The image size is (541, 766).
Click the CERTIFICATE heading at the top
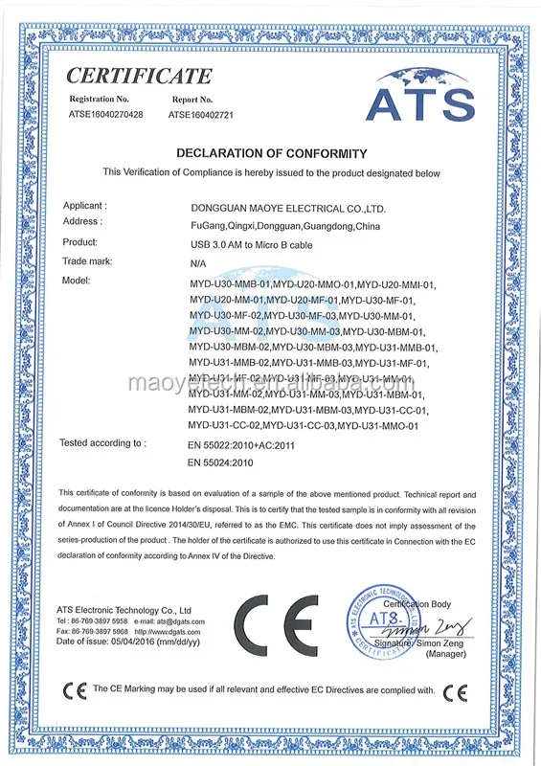(x=139, y=76)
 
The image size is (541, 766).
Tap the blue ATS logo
(x=420, y=96)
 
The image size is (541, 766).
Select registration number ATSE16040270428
(x=105, y=115)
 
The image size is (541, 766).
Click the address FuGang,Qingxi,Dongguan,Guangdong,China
(x=285, y=225)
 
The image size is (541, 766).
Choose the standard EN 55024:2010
(x=222, y=463)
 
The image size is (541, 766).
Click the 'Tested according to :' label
(x=102, y=443)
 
